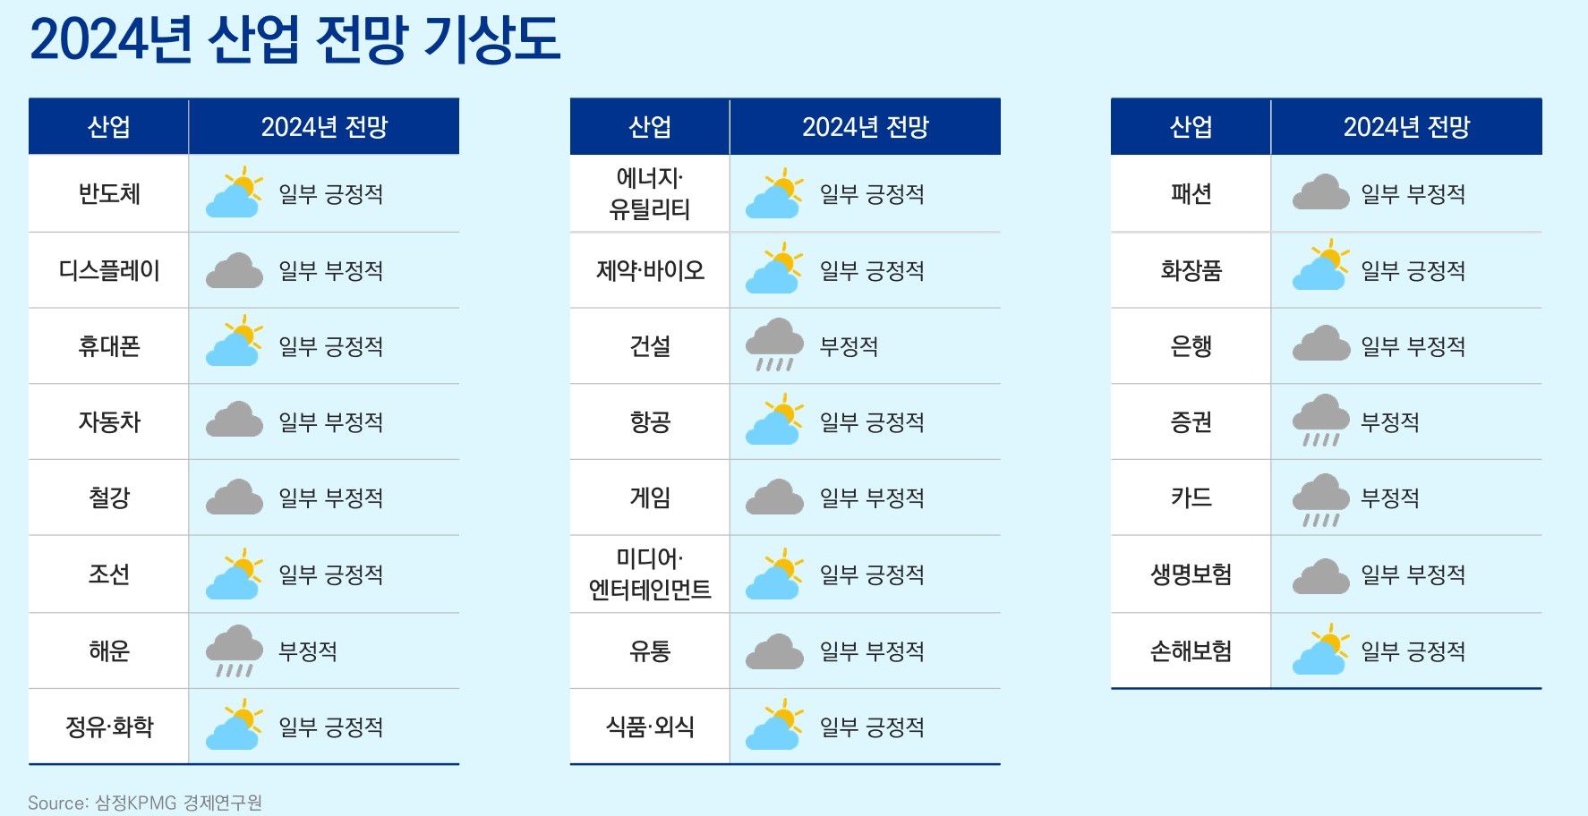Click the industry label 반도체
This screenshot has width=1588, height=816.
click(x=109, y=194)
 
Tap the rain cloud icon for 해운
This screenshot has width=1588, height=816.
click(x=235, y=650)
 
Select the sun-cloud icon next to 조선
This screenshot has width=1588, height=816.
click(x=235, y=574)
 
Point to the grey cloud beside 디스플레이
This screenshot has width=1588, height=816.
click(x=235, y=270)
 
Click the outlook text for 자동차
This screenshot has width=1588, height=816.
click(x=330, y=422)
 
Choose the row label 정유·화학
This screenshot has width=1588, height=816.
click(x=109, y=727)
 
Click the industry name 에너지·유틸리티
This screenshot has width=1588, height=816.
click(x=650, y=193)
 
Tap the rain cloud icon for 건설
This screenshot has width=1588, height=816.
click(x=775, y=344)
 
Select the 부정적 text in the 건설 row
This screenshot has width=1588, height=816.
click(x=849, y=346)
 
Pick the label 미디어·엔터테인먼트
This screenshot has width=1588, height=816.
click(x=650, y=574)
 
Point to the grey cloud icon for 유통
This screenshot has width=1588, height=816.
click(x=775, y=651)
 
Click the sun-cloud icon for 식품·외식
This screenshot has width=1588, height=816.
click(x=775, y=725)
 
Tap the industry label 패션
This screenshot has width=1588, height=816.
click(x=1191, y=194)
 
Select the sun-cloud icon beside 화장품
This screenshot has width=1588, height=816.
click(x=1321, y=265)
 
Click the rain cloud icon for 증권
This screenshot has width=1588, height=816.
click(x=1321, y=421)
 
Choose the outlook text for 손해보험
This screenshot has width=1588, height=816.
click(x=1413, y=651)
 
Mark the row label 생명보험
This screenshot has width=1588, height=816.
click(x=1191, y=574)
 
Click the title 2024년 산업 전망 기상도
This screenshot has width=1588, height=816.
click(x=295, y=39)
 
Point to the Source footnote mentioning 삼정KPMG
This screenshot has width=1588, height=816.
click(x=145, y=803)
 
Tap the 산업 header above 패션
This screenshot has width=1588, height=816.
click(x=1191, y=127)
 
